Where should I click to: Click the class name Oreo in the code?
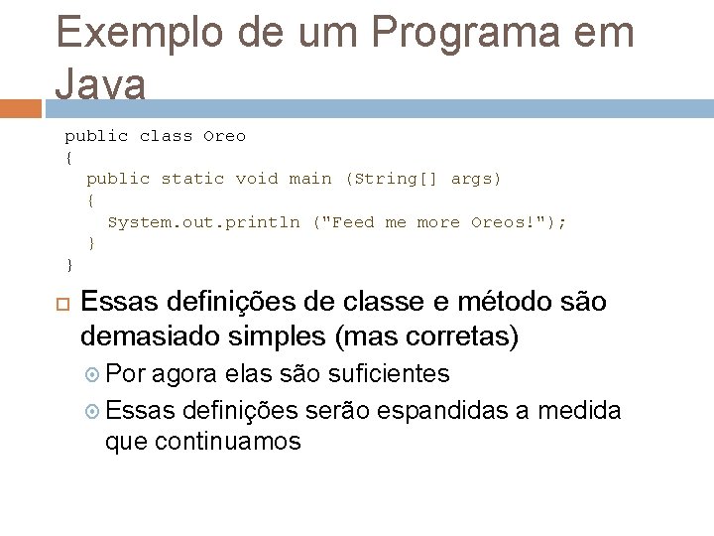pos(224,136)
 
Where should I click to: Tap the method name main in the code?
pos(309,179)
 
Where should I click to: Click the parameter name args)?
pos(476,179)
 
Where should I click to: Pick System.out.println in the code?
pos(203,222)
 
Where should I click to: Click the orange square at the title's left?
pos(23,107)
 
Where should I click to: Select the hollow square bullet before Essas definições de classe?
pos(64,303)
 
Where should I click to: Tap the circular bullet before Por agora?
pos(92,374)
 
